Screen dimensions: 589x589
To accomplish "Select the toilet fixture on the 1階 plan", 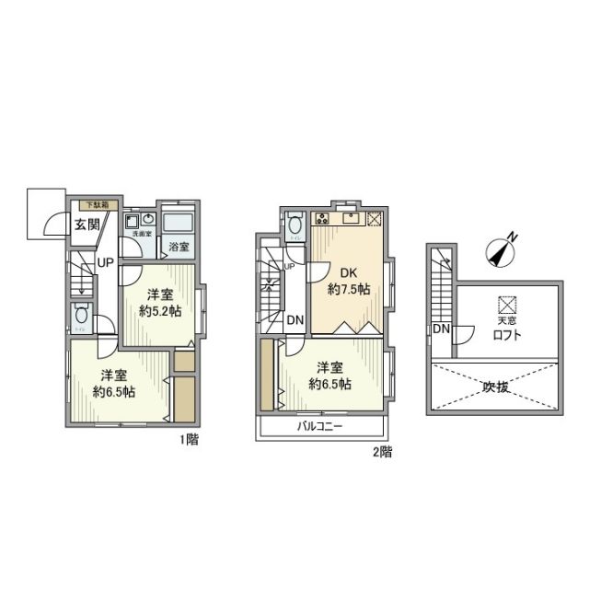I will click(81, 313).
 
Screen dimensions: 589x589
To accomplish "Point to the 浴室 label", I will click(179, 247).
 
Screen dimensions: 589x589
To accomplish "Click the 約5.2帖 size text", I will click(160, 311).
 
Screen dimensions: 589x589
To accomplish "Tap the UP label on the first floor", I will click(106, 263).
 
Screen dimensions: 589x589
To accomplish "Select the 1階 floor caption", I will click(190, 439).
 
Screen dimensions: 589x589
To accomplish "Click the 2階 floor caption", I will click(383, 451).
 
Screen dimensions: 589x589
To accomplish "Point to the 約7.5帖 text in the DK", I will click(350, 289).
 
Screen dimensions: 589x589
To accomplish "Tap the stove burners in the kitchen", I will click(322, 219).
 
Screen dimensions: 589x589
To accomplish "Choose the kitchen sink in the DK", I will click(351, 219).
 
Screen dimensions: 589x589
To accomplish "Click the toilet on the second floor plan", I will click(294, 225).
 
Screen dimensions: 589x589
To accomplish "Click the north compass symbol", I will click(502, 251).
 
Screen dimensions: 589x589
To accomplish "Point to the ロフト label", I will click(507, 335).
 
